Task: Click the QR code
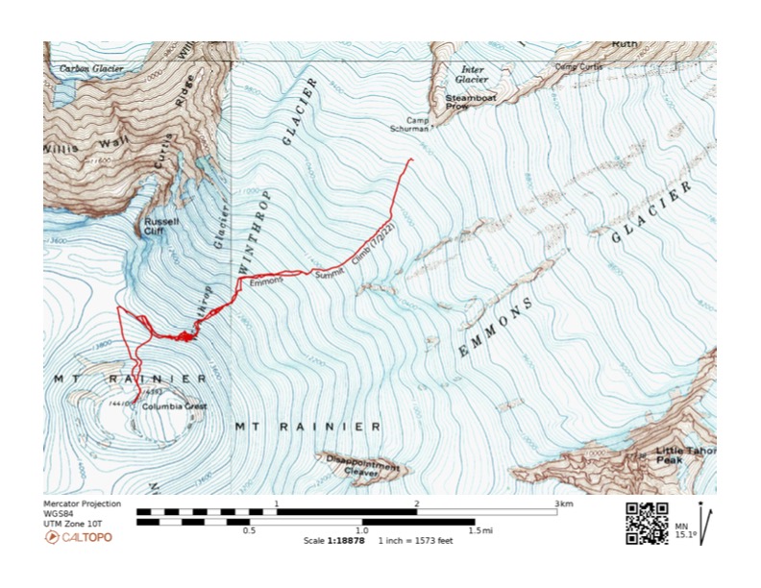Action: point(647,524)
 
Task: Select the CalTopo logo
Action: point(78,536)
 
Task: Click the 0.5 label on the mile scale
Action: point(249,530)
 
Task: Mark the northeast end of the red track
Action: point(412,159)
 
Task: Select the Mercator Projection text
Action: point(84,503)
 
